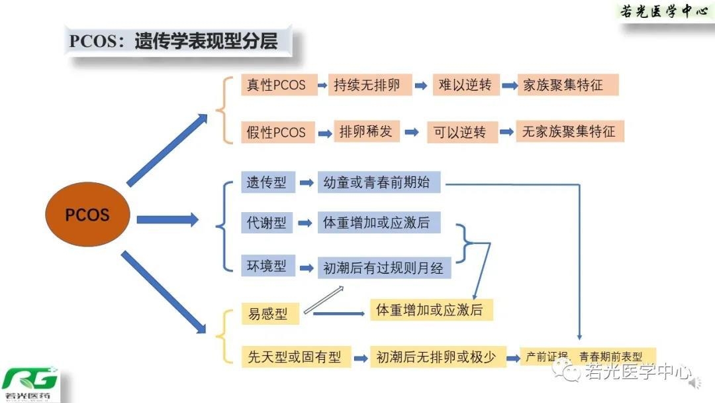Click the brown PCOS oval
(87, 215)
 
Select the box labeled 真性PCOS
(276, 86)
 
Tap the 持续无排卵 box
(367, 86)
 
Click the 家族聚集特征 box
(567, 86)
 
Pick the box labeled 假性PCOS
(276, 132)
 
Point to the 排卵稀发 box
(366, 131)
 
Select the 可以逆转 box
(460, 132)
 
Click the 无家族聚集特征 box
(569, 131)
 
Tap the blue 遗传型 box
(267, 182)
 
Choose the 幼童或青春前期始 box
(379, 182)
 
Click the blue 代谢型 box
(267, 223)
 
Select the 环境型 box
(267, 266)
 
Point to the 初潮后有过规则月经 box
(384, 268)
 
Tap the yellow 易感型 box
(268, 314)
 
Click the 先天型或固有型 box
(295, 357)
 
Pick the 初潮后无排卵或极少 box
(436, 357)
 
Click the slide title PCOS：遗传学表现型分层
(173, 41)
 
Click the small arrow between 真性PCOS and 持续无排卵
(319, 86)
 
